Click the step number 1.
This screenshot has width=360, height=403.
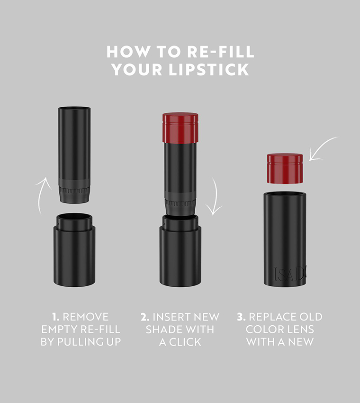coord(54,317)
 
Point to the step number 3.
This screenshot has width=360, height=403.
coord(241,317)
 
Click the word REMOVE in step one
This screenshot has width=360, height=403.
coord(86,317)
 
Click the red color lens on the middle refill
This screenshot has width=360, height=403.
coord(180,127)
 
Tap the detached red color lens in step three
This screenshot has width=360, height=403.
coord(285,168)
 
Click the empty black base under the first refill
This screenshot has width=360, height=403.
coord(74,251)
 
